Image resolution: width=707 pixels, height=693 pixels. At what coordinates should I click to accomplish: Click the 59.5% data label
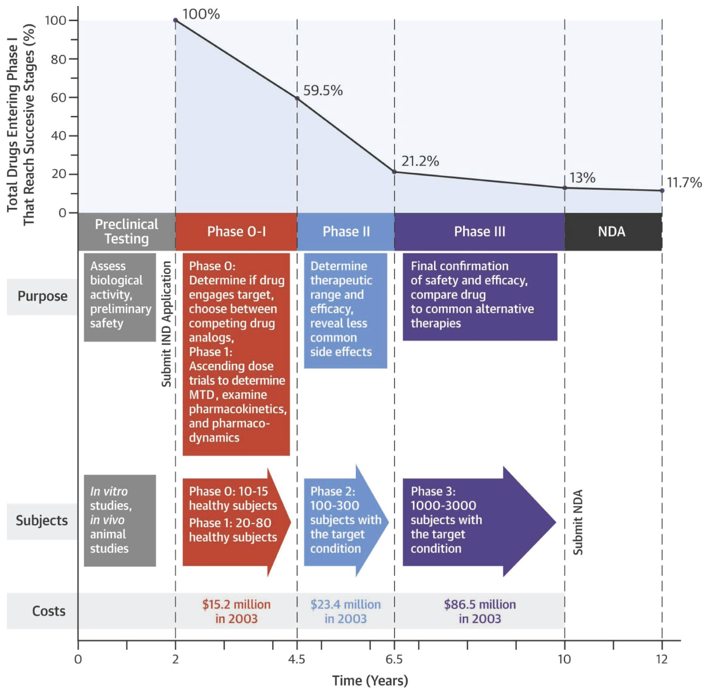322,91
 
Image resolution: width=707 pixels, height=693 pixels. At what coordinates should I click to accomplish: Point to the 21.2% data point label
420,161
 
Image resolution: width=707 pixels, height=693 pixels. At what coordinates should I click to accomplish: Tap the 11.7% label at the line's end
684,182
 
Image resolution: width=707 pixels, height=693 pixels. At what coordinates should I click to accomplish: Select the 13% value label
582,178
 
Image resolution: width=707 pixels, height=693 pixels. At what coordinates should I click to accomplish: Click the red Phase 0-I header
236,231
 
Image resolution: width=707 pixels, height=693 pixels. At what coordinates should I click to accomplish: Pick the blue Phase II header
346,231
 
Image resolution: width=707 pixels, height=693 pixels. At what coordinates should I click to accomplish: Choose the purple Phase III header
479,231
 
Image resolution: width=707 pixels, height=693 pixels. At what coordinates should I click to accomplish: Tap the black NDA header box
611,231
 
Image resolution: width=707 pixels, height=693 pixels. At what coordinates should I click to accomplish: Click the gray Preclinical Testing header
126,231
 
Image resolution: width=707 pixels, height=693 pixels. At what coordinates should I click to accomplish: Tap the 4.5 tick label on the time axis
296,659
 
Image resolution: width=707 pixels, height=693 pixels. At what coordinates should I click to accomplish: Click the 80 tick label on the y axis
58,59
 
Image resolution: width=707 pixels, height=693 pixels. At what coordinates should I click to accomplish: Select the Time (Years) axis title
370,681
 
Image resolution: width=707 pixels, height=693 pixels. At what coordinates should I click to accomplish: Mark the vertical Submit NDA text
578,522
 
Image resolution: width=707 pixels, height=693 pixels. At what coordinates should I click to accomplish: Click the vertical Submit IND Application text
166,324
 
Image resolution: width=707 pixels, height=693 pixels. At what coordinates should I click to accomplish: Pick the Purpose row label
42,297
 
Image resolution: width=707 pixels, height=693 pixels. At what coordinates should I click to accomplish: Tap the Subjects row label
42,521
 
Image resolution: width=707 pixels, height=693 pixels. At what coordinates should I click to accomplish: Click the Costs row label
49,611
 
